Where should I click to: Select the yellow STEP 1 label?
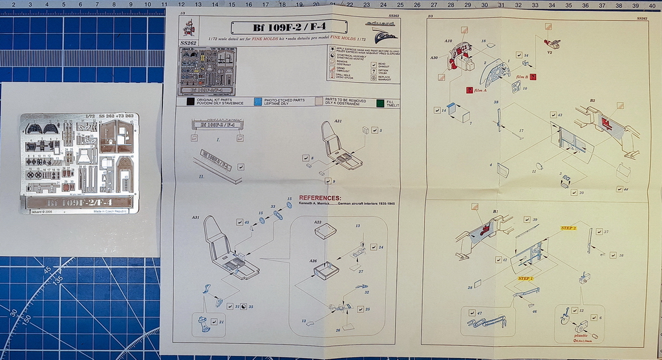[x=526, y=278]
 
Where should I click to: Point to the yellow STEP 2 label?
[x=568, y=228]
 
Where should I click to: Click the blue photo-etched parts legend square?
[x=257, y=101]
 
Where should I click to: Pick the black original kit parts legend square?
[x=189, y=101]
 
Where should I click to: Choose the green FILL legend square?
[x=379, y=101]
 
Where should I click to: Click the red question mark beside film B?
[x=533, y=76]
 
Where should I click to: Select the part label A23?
[x=317, y=222]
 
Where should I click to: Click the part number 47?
[x=480, y=313]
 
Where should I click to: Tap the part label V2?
[x=550, y=52]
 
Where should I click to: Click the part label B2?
[x=592, y=101]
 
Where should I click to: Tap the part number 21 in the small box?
[x=221, y=321]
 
